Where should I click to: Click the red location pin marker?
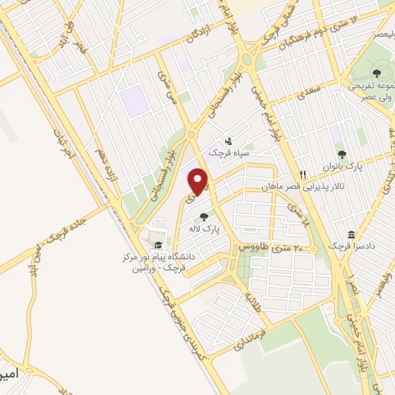199,182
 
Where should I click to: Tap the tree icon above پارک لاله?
204,217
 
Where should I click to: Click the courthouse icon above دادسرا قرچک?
352,234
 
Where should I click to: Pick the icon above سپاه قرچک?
228,141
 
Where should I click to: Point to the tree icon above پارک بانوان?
341,154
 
